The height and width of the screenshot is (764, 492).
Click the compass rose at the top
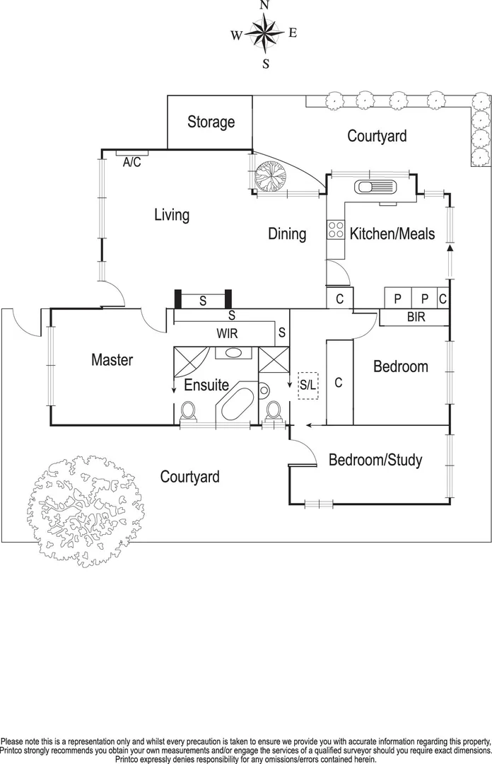[x=264, y=33]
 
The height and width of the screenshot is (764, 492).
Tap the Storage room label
[x=211, y=122]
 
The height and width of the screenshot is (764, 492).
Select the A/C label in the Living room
[x=132, y=162]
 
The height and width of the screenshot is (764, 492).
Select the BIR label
[x=416, y=318]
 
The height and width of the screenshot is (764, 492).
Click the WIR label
[x=228, y=333]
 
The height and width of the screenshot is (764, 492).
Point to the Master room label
[x=112, y=360]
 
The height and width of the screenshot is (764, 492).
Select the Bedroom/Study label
[x=375, y=461]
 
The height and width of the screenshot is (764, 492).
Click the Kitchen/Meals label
[x=392, y=233]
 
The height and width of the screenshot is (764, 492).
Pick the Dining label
[x=287, y=233]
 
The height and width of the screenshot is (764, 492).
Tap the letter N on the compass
[x=264, y=6]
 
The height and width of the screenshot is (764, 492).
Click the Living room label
[x=172, y=214]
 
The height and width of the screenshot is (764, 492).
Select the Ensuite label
[x=206, y=386]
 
